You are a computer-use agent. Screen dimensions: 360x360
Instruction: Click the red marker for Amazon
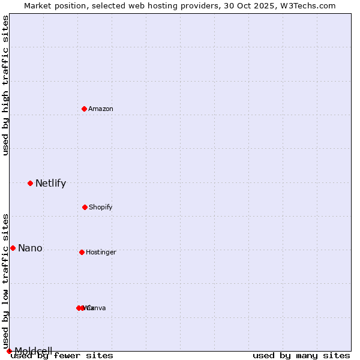pyautogui.click(x=84, y=109)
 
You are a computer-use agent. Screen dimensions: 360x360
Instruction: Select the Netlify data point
pyautogui.click(x=30, y=183)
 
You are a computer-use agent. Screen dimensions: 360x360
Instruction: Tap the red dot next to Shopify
pyautogui.click(x=85, y=207)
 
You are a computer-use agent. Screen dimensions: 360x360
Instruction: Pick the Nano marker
pyautogui.click(x=13, y=248)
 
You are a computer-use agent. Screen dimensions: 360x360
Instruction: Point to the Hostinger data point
pyautogui.click(x=82, y=252)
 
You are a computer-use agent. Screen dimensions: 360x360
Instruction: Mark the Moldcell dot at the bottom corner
pyautogui.click(x=9, y=351)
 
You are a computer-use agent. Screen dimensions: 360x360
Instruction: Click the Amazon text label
pyautogui.click(x=101, y=109)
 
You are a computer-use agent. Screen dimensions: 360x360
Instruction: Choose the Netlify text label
pyautogui.click(x=50, y=184)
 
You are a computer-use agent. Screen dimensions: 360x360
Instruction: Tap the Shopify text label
pyautogui.click(x=101, y=207)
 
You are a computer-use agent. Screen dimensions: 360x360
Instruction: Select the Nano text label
pyautogui.click(x=30, y=248)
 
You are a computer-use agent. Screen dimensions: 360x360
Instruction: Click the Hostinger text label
pyautogui.click(x=101, y=252)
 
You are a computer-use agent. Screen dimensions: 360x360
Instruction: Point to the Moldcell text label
pyautogui.click(x=34, y=351)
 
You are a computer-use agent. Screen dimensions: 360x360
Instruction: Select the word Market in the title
pyautogui.click(x=38, y=5)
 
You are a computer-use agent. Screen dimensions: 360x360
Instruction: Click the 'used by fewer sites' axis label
pyautogui.click(x=62, y=355)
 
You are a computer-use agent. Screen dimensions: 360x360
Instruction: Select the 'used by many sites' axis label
pyautogui.click(x=301, y=355)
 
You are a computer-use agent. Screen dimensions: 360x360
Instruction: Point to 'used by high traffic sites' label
pyautogui.click(x=5, y=86)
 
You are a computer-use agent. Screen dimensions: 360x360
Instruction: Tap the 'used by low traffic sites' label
pyautogui.click(x=5, y=281)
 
